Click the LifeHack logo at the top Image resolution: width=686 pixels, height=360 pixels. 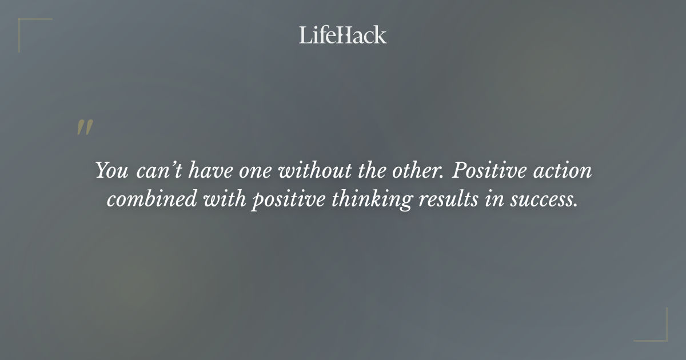tap(342, 35)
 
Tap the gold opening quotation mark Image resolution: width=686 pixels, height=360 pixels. tap(85, 128)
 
